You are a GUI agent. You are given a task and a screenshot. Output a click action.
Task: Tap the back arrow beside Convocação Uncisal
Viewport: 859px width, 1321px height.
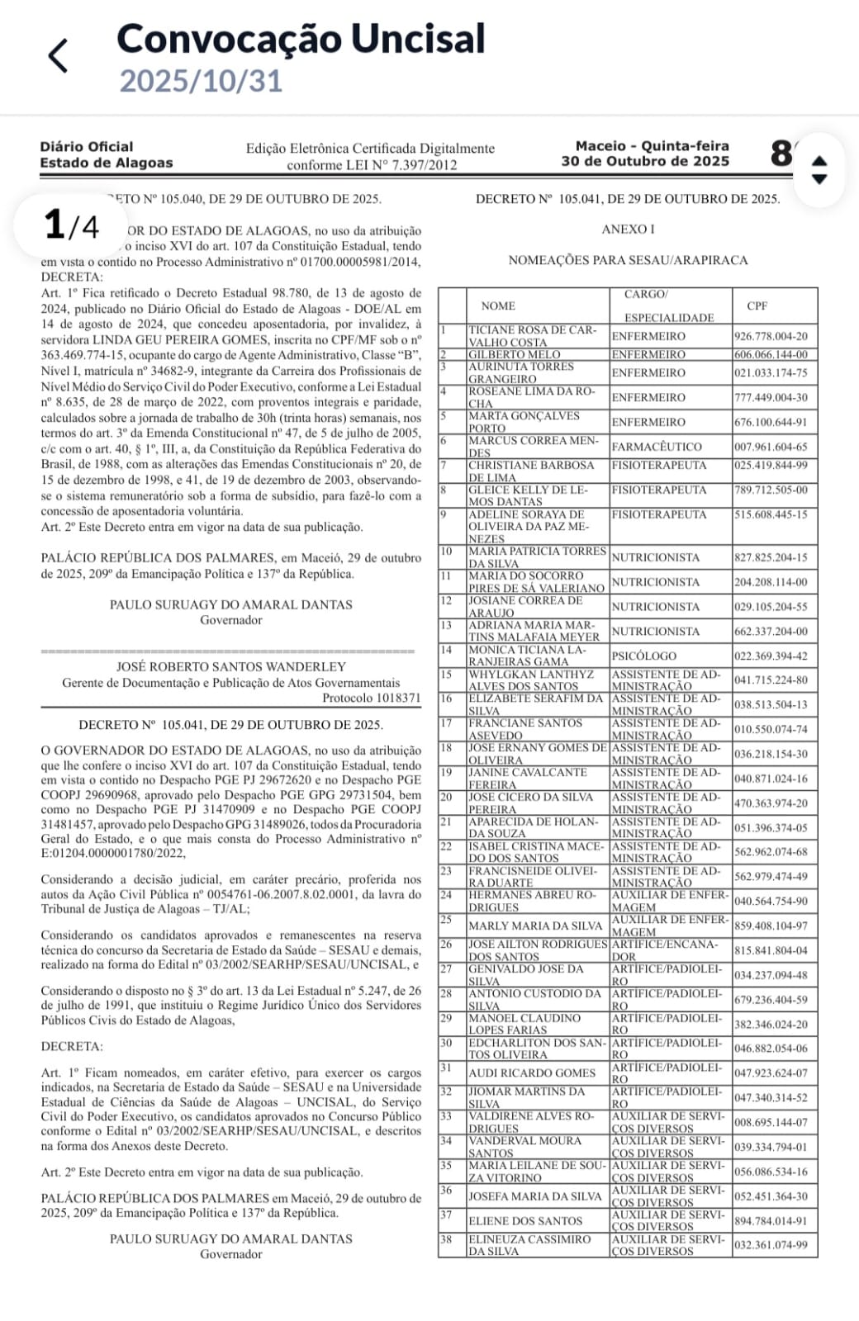pyautogui.click(x=59, y=56)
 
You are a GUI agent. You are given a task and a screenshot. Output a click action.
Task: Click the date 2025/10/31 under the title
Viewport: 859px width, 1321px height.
pyautogui.click(x=201, y=81)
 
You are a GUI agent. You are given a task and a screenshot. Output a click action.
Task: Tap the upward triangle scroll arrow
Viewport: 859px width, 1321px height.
pyautogui.click(x=819, y=160)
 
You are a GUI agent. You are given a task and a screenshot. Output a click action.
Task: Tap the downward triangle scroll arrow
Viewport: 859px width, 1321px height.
pyautogui.click(x=819, y=179)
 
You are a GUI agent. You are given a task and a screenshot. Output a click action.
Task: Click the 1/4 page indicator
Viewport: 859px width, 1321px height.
pyautogui.click(x=71, y=225)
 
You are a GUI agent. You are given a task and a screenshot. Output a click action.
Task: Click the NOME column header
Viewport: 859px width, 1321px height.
pyautogui.click(x=498, y=305)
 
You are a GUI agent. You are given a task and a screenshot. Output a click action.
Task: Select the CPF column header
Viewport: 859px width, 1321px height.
pyautogui.click(x=757, y=305)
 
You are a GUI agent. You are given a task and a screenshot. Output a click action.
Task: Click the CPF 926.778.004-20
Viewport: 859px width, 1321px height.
pyautogui.click(x=771, y=336)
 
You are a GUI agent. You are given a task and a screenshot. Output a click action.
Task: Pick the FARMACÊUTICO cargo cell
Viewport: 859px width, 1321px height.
pyautogui.click(x=657, y=447)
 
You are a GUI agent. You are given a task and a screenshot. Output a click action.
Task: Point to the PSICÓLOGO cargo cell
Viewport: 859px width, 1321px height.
pyautogui.click(x=644, y=656)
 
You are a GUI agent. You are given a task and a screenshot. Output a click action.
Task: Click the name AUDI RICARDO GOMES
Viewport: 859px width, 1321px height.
pyautogui.click(x=531, y=1072)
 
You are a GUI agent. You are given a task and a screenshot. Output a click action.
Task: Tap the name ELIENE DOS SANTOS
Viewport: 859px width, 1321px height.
pyautogui.click(x=525, y=1220)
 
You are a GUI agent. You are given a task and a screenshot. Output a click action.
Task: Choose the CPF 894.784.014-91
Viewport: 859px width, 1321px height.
pyautogui.click(x=771, y=1220)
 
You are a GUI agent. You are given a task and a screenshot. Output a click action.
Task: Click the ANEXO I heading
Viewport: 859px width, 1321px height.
pyautogui.click(x=628, y=230)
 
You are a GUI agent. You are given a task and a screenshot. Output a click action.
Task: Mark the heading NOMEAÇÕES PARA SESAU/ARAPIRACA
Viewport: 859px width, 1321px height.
pyautogui.click(x=628, y=260)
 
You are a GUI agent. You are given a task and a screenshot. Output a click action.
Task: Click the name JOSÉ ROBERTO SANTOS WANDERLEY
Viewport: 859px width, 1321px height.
pyautogui.click(x=231, y=666)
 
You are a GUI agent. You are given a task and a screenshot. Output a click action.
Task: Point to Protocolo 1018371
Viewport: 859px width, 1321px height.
pyautogui.click(x=371, y=698)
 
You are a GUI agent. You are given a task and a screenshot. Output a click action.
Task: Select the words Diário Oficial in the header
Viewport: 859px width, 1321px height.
pyautogui.click(x=87, y=146)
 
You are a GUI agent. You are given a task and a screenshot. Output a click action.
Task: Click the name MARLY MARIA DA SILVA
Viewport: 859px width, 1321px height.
pyautogui.click(x=535, y=926)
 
